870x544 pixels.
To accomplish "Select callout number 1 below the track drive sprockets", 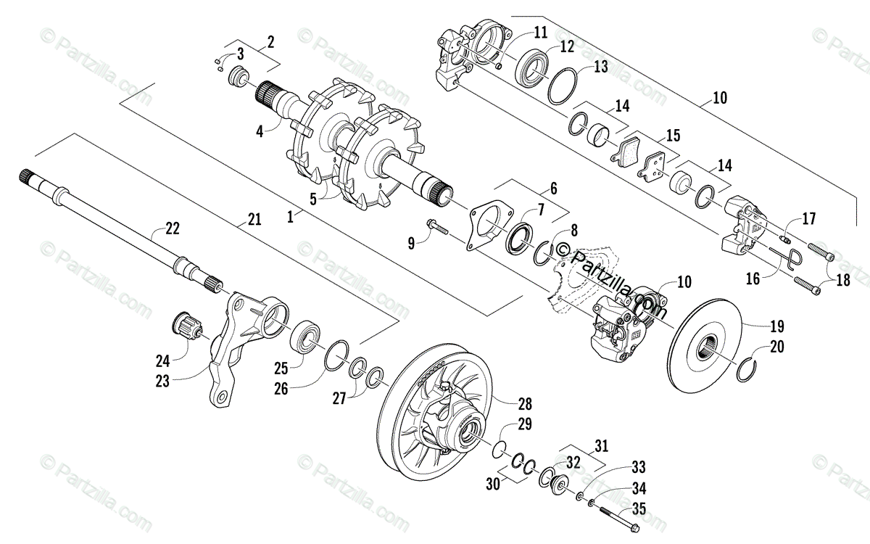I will click(291, 216).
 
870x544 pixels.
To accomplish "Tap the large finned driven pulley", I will click(442, 413).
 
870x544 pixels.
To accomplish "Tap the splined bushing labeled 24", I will click(188, 326).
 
